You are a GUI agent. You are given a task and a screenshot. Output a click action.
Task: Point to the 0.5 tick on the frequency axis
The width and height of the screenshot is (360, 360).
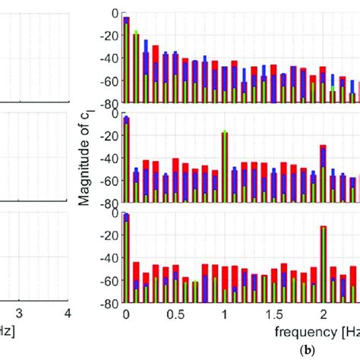coord(175,314)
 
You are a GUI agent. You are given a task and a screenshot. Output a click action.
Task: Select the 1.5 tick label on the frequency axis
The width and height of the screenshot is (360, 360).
coord(274,314)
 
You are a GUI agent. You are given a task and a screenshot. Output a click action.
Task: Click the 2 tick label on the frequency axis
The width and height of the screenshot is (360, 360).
coord(324,314)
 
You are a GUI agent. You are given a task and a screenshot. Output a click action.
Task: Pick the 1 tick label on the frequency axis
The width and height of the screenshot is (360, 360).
coord(225,314)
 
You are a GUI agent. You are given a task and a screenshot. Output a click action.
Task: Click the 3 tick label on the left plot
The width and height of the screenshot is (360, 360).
coord(21,314)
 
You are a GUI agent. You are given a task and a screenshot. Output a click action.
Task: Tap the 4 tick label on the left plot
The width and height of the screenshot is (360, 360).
coord(68,314)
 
